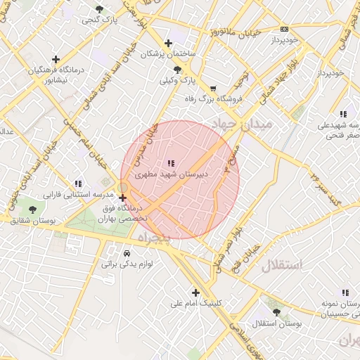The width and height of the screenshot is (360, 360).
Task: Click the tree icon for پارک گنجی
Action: pos(99,9)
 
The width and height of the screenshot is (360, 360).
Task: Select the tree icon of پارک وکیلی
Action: pos(177,70)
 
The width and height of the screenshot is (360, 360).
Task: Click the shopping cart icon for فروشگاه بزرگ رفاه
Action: pos(213,89)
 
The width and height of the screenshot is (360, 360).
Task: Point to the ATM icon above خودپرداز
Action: pos(284,29)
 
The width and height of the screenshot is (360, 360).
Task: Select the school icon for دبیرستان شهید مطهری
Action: pos(173,162)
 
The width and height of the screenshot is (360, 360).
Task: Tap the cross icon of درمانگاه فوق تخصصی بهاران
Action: pos(123,198)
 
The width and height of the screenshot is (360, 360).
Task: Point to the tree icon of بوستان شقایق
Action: pos(31,209)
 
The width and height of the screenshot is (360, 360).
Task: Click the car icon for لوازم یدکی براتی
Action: pos(127,253)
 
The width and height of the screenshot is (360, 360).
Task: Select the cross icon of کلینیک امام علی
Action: pos(195,292)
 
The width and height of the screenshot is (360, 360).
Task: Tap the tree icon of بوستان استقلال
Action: pos(276,312)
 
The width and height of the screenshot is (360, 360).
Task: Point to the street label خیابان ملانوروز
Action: pos(231,32)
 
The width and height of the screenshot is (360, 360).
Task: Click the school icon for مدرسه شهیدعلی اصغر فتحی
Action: pos(343,114)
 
